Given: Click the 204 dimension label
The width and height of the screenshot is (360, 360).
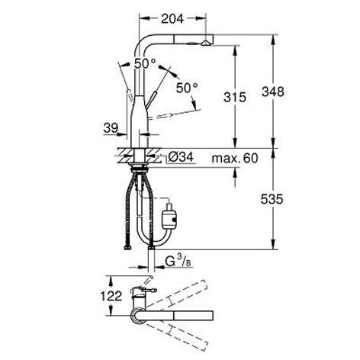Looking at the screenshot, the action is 172,18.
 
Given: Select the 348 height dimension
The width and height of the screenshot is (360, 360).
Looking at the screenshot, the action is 273,92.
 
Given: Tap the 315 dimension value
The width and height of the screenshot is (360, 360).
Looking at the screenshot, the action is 235,97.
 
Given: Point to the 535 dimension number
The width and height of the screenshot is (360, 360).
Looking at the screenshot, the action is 272,199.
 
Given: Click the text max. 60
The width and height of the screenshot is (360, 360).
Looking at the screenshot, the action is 235,158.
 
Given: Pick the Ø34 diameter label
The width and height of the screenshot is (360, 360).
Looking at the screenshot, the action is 181,158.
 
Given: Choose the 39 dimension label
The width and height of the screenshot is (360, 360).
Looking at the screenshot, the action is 111,128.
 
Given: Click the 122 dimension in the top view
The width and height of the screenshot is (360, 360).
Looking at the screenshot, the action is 111,296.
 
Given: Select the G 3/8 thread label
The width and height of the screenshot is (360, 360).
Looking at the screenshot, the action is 178,262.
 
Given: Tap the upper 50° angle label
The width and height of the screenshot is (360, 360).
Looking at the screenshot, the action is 145,63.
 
